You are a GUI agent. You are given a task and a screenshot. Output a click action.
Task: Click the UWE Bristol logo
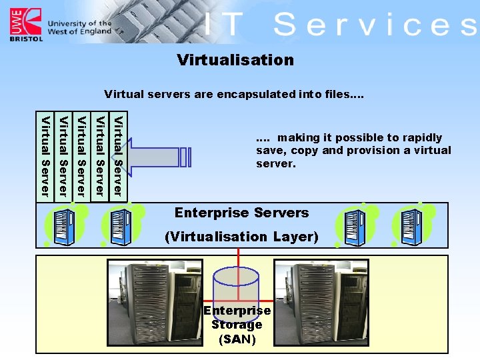(x=24, y=25)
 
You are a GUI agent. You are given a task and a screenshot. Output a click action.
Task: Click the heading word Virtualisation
(x=235, y=60)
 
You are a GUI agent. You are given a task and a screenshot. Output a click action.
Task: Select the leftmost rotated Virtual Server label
(x=45, y=157)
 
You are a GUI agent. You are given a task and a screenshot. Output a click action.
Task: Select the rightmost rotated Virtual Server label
(x=117, y=157)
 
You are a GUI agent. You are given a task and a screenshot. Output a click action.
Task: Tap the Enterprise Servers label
(x=241, y=213)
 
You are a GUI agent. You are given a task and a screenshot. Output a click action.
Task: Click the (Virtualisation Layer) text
(x=241, y=236)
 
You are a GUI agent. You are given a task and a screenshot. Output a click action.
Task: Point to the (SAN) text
(x=237, y=339)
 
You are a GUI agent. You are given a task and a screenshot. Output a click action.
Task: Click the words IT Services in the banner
(x=340, y=25)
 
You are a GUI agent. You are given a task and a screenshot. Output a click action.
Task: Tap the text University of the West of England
(x=79, y=27)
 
